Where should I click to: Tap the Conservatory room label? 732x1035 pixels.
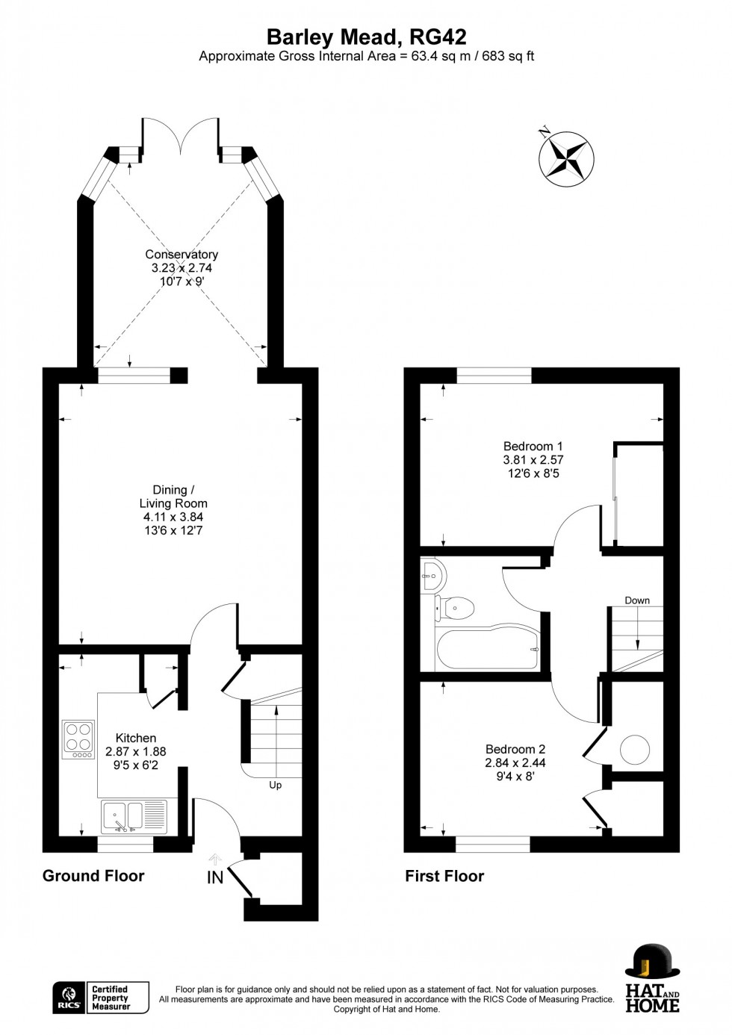[x=182, y=254]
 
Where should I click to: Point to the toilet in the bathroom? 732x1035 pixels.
[x=455, y=606]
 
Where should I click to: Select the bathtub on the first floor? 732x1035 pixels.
[x=488, y=649]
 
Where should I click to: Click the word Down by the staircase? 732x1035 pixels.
[x=637, y=600]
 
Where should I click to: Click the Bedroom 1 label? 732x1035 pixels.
[x=533, y=447]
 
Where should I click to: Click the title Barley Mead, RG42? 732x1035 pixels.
[x=367, y=37]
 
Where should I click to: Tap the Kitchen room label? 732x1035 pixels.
[x=136, y=738]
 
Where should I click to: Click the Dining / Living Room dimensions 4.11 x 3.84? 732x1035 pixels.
[x=173, y=517]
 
